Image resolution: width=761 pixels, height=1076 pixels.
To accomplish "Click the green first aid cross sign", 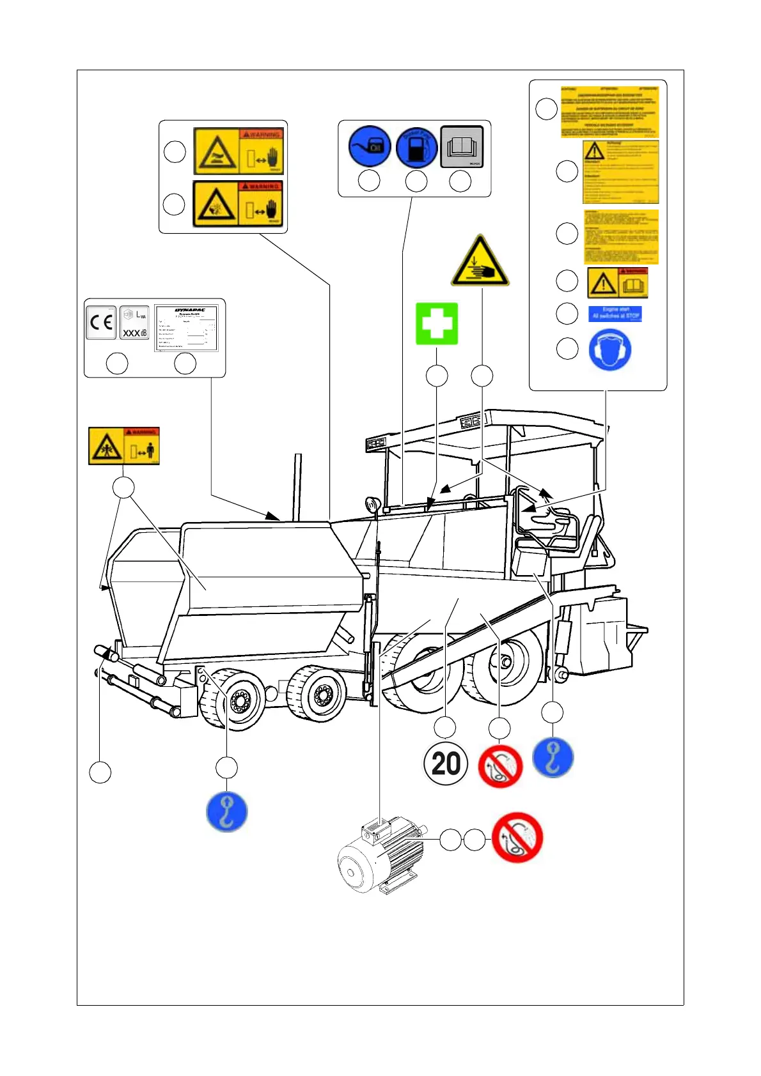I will (x=437, y=323).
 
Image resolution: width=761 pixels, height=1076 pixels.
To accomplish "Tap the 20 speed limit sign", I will (x=446, y=763).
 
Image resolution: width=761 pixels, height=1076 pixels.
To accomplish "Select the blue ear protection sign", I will (x=610, y=350).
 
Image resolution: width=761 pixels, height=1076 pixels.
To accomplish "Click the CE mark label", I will (x=101, y=323).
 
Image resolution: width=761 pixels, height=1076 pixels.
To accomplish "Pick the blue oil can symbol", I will (x=369, y=147).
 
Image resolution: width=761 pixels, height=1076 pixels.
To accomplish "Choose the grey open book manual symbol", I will (x=462, y=148).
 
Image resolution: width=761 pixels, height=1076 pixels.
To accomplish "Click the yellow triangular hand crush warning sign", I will (x=480, y=263).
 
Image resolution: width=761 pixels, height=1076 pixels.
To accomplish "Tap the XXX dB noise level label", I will (x=135, y=323).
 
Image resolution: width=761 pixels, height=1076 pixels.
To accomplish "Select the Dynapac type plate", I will (x=186, y=328).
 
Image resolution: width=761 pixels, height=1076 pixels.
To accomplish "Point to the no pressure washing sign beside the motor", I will (x=517, y=838).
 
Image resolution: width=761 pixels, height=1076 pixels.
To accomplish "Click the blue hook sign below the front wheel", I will (x=226, y=811).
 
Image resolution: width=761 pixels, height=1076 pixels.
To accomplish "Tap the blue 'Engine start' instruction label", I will (x=615, y=313).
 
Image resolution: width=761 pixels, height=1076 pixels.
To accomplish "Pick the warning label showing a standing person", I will (x=123, y=445).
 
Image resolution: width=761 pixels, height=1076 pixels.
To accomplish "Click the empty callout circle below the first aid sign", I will (x=437, y=376).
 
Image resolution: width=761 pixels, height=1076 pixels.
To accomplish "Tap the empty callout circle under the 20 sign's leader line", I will (x=445, y=728).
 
